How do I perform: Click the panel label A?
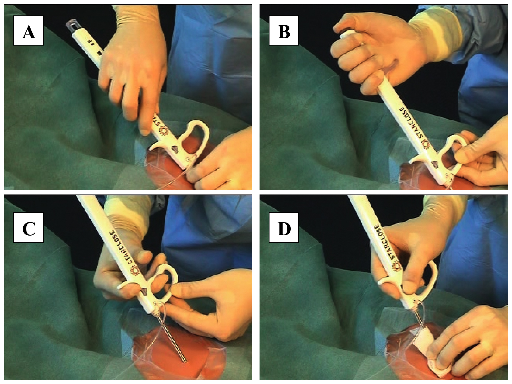[29, 31]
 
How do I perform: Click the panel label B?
[284, 31]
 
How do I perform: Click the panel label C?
[29, 227]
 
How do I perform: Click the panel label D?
[284, 227]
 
